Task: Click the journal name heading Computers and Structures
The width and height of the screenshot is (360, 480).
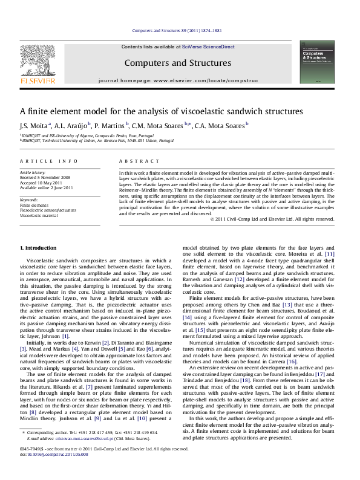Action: click(177, 63)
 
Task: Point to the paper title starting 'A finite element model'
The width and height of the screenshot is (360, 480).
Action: click(161, 112)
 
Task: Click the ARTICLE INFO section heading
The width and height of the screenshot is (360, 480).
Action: click(48, 161)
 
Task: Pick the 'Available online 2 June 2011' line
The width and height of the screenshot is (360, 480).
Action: click(47, 188)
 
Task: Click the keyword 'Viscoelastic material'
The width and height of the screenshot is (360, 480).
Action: click(40, 215)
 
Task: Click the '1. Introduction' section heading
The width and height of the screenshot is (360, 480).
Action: click(39, 248)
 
